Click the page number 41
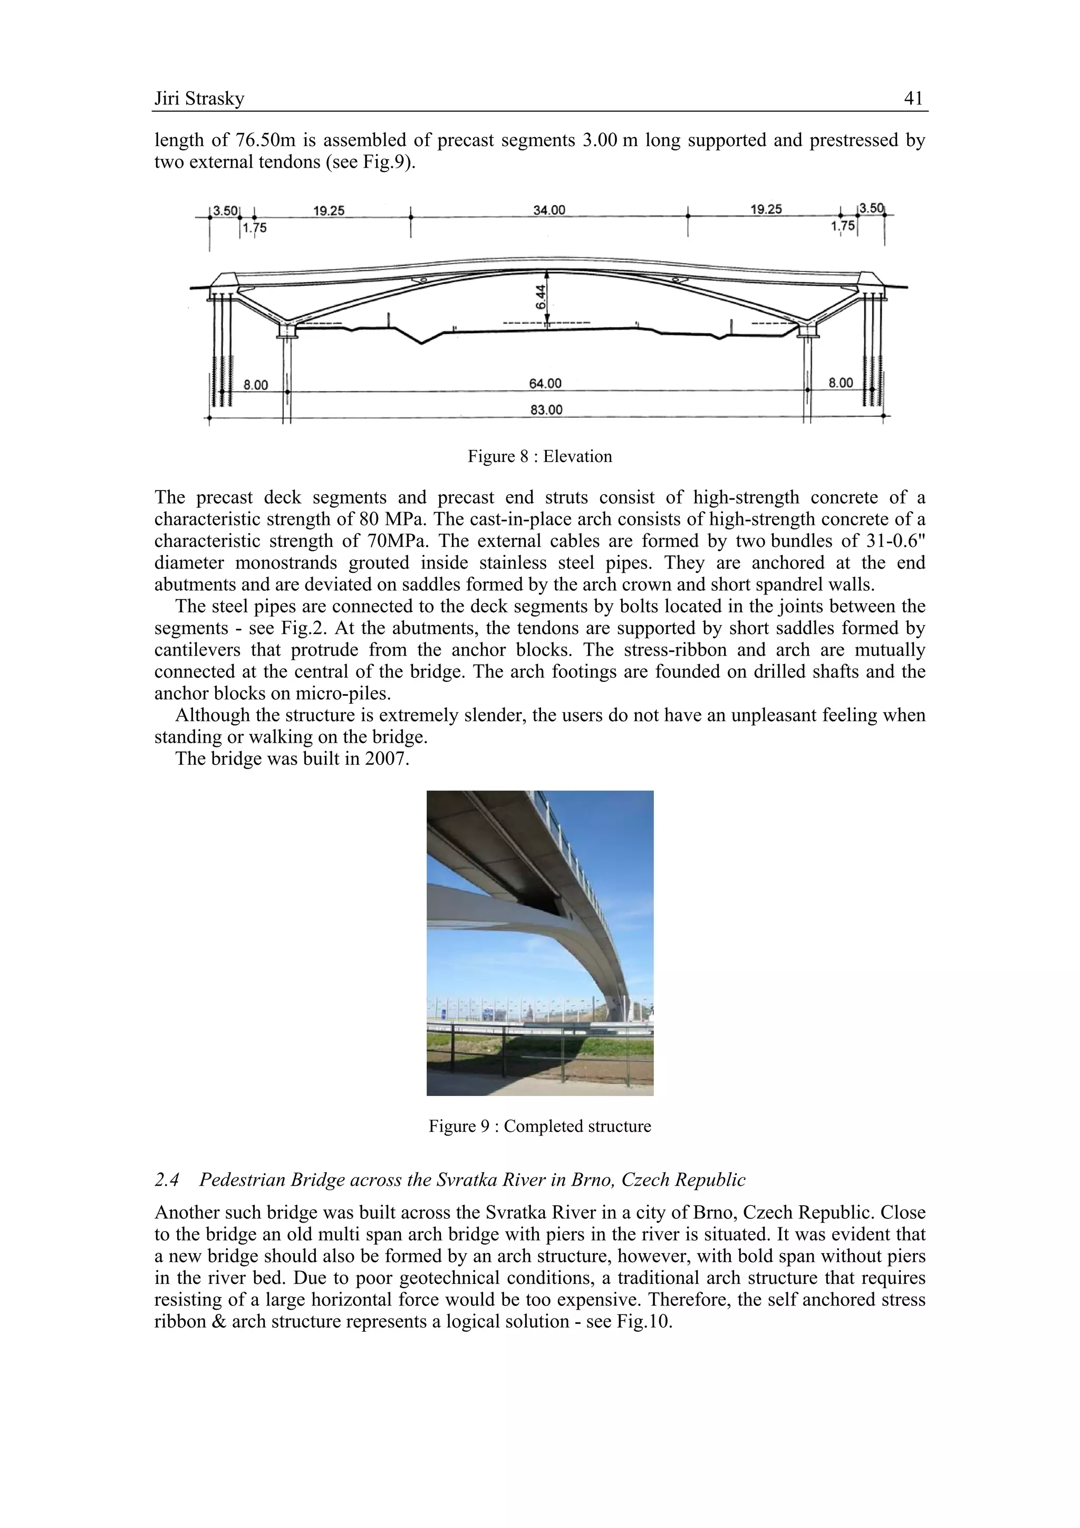[913, 99]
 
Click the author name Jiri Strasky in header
[199, 99]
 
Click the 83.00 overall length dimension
[546, 409]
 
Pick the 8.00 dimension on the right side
[841, 383]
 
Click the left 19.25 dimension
[329, 210]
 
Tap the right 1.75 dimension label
[843, 226]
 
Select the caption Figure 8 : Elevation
[539, 457]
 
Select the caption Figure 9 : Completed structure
[539, 1126]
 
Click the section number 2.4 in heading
[167, 1180]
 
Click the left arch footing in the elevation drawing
[287, 330]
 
